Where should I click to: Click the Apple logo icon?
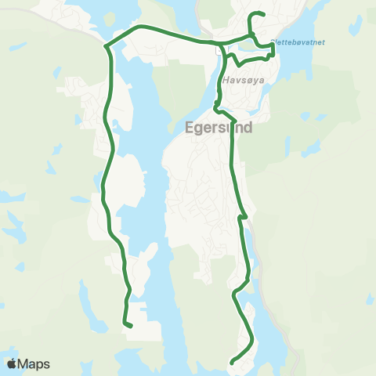[12, 363]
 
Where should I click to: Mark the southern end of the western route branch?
[129, 325]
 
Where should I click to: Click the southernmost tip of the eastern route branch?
[233, 361]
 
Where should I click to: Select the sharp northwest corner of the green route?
[105, 45]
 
